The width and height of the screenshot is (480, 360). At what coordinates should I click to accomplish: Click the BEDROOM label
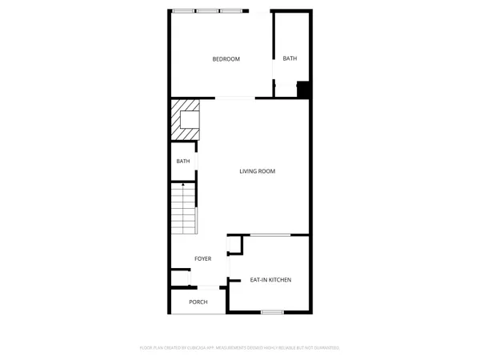pos(226,59)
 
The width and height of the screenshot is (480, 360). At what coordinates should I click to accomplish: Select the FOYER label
pos(202,258)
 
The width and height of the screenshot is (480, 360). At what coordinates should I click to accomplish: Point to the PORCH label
pos(198,302)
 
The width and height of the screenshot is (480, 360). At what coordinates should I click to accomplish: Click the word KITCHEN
pos(279,280)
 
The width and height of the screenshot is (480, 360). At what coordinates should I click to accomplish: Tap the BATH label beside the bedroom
pos(290,58)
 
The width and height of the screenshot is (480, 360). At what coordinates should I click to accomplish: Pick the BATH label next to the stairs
pos(183,161)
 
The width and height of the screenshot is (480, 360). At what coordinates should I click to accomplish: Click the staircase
pos(183,210)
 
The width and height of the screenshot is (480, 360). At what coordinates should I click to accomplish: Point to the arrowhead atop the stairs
pos(184,185)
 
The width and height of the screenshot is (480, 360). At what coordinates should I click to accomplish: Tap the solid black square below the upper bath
pos(303,90)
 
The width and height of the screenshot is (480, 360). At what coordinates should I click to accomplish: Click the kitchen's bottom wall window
pos(272,311)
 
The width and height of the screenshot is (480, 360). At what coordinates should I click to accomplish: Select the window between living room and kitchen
pos(270,235)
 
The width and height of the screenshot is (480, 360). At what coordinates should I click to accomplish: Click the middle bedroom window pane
pos(208,11)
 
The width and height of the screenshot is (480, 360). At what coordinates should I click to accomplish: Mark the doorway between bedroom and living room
pos(235,98)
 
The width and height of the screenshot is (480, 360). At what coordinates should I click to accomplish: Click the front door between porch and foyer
pos(208,287)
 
